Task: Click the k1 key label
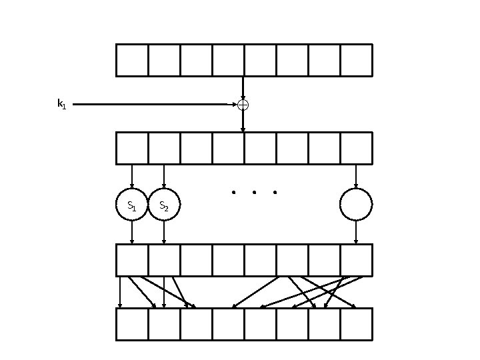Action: point(61,104)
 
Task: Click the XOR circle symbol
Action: point(243,105)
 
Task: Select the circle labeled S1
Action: point(132,205)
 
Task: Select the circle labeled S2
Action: point(164,205)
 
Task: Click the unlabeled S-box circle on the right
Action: point(356,205)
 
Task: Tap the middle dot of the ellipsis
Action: point(254,193)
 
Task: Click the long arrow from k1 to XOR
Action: point(153,104)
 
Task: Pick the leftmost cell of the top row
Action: point(132,61)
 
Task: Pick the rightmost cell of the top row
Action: point(356,61)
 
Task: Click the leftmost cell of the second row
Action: point(132,148)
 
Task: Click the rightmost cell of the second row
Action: point(356,148)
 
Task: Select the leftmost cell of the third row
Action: point(132,260)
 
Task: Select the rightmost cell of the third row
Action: point(356,260)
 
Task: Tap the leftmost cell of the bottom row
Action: point(132,324)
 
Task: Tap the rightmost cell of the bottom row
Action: point(356,324)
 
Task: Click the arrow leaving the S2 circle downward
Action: point(164,232)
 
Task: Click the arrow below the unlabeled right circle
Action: point(356,232)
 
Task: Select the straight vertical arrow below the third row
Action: point(120,292)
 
